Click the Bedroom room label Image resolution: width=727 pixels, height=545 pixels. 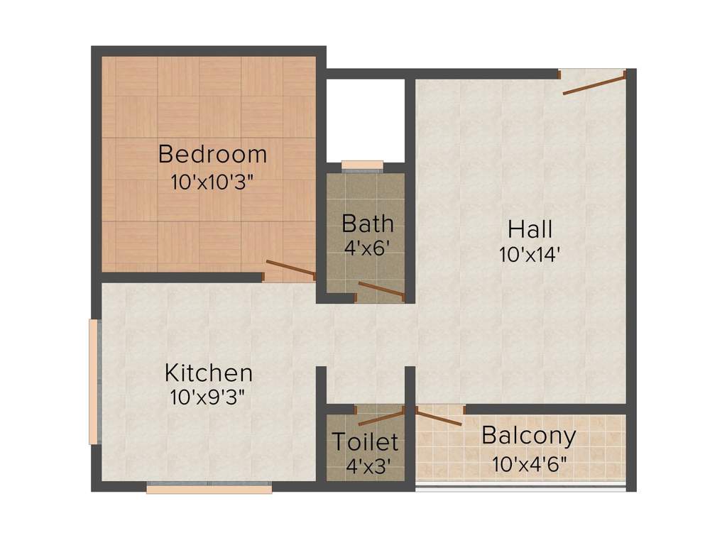point(212,154)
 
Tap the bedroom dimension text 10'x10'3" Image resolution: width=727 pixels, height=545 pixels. point(212,181)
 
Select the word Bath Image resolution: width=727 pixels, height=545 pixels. point(367,224)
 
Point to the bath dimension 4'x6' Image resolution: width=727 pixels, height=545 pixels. point(366,248)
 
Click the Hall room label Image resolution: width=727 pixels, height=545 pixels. point(530,230)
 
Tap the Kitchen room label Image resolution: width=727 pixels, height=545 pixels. point(208,373)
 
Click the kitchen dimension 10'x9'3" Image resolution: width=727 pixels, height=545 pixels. point(208,397)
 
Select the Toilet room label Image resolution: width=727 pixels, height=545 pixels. point(366,442)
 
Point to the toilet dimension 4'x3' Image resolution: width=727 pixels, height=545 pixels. point(366,466)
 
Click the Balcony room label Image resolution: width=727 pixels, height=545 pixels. point(528,436)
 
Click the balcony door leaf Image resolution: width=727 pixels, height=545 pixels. point(438,417)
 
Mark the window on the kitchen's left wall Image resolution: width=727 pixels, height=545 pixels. point(93,382)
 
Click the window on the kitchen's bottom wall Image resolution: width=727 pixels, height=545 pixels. point(209,488)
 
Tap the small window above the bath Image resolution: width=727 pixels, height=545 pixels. point(362,166)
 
